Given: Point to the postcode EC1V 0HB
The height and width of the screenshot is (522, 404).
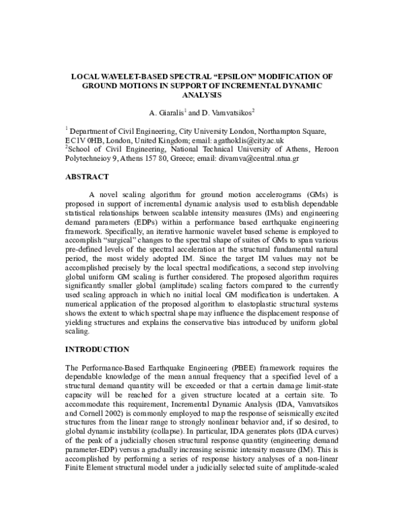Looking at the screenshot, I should point(85,139).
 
